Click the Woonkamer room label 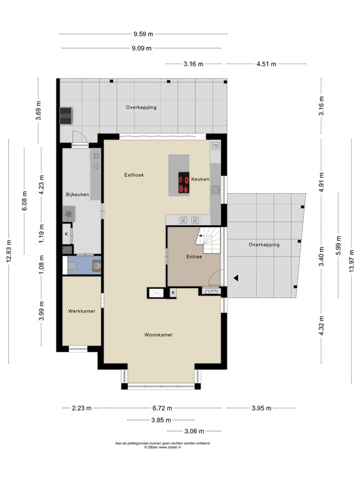pyautogui.click(x=158, y=334)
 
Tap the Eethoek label pyautogui.click(x=134, y=175)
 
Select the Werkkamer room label pyautogui.click(x=81, y=311)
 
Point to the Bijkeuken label pyautogui.click(x=77, y=194)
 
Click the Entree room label pyautogui.click(x=194, y=257)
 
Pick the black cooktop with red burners pyautogui.click(x=184, y=182)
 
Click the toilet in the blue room pyautogui.click(x=72, y=265)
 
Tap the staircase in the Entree pyautogui.click(x=208, y=240)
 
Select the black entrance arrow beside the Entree pyautogui.click(x=236, y=278)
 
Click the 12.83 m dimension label pyautogui.click(x=9, y=251)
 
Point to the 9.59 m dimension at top pyautogui.click(x=143, y=34)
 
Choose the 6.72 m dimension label pyautogui.click(x=162, y=408)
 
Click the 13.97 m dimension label pyautogui.click(x=351, y=261)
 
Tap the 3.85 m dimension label pyautogui.click(x=161, y=420)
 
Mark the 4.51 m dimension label pyautogui.click(x=266, y=64)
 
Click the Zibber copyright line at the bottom pyautogui.click(x=162, y=447)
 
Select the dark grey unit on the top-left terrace pyautogui.click(x=66, y=116)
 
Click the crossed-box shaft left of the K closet pyautogui.click(x=156, y=293)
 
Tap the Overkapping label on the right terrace pyautogui.click(x=264, y=244)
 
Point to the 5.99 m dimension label pyautogui.click(x=338, y=246)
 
